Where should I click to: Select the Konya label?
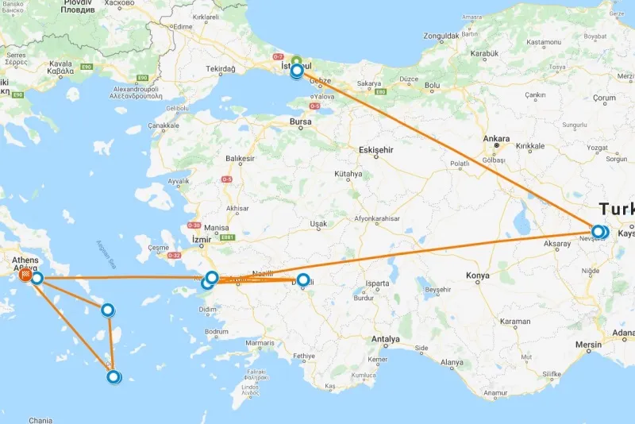pyautogui.click(x=478, y=276)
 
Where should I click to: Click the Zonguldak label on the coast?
pyautogui.click(x=442, y=37)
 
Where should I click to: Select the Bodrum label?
pyautogui.click(x=216, y=332)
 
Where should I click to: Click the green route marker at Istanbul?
pyautogui.click(x=296, y=61)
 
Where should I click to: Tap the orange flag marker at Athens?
pyautogui.click(x=26, y=276)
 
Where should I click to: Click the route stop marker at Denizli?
pyautogui.click(x=302, y=279)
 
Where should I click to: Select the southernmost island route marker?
pyautogui.click(x=114, y=377)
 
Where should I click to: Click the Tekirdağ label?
pyautogui.click(x=221, y=69)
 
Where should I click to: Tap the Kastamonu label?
pyautogui.click(x=542, y=41)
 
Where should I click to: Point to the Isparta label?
pyautogui.click(x=378, y=283)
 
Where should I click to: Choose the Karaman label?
pyautogui.click(x=516, y=322)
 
